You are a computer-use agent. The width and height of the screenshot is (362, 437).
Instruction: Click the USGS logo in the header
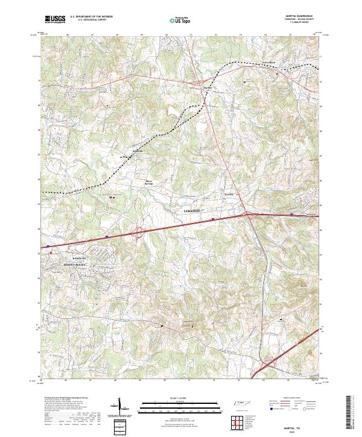55,20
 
